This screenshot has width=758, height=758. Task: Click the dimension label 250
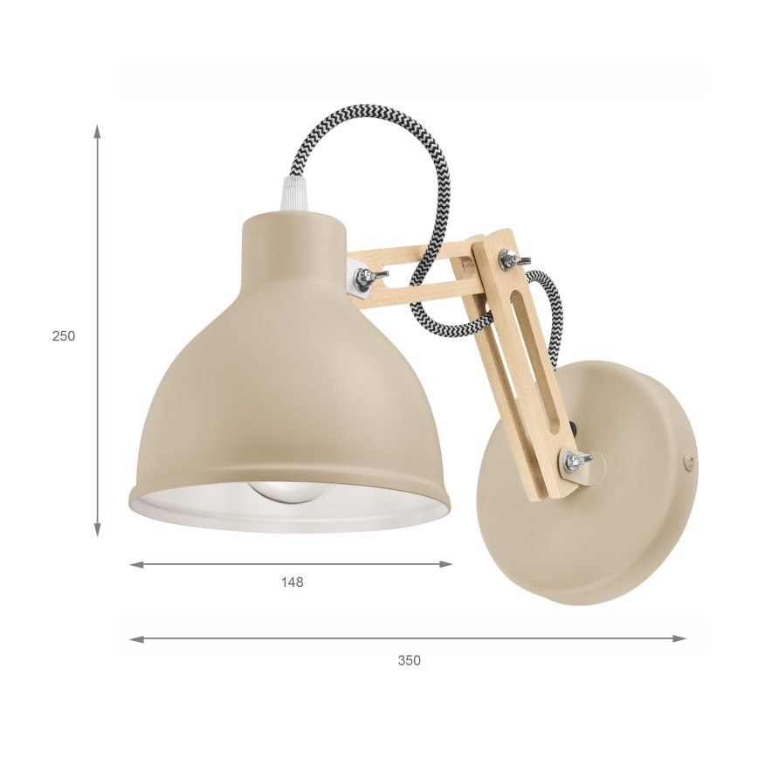coord(64,335)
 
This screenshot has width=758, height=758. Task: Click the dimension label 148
coord(293,582)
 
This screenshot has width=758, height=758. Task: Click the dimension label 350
coord(409,660)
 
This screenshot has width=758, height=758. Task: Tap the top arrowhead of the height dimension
coord(98,132)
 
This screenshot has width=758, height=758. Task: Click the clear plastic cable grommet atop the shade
coord(290,194)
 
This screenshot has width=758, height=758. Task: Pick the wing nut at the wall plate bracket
coord(575,460)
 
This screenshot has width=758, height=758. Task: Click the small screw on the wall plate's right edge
coord(686,456)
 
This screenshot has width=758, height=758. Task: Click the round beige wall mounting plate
coord(611,524)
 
